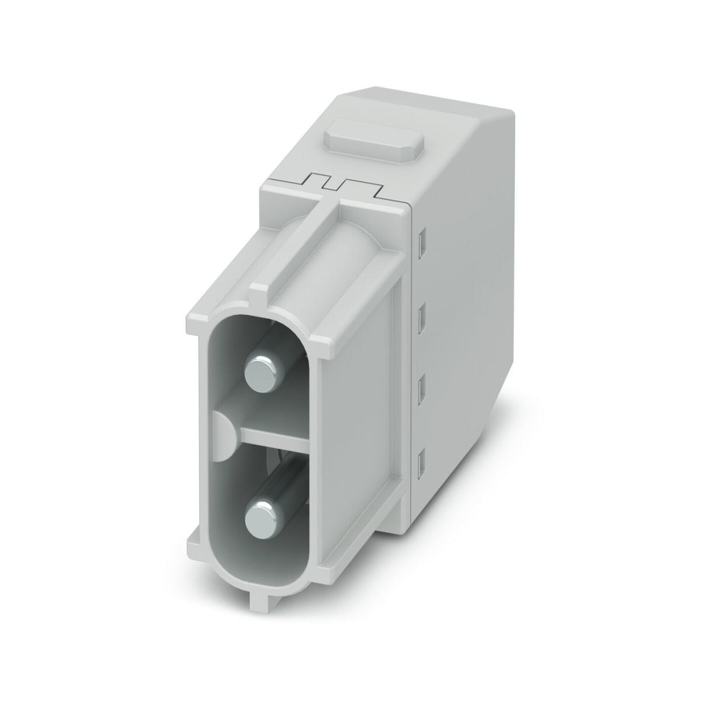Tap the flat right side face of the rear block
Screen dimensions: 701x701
467,292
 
